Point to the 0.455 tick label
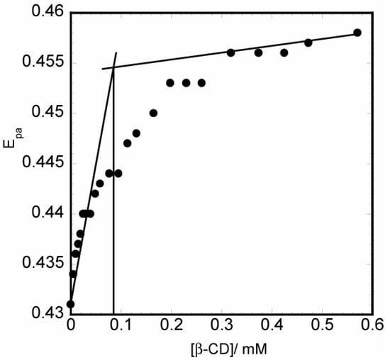point(45,62)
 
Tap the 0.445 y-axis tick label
point(45,163)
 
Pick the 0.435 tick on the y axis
point(45,264)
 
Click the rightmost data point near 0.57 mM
point(357,33)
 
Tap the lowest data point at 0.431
point(71,304)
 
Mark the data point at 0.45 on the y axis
point(153,113)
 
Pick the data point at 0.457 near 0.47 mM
point(308,43)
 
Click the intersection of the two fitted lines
point(113,67)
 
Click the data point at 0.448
point(136,133)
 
